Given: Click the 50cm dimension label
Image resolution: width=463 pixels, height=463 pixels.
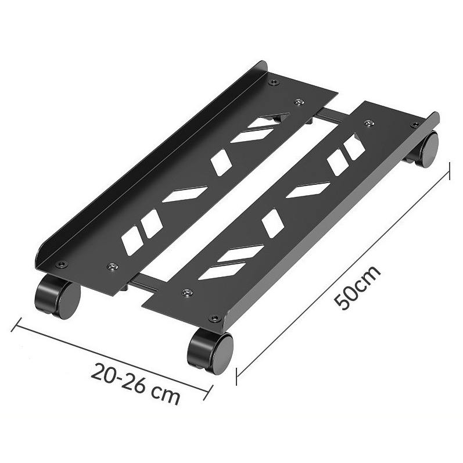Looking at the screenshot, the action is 357,288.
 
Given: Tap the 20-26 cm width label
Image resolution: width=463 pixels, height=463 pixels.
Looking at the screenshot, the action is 135,385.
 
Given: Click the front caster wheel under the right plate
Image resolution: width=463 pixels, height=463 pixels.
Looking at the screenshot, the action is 210,353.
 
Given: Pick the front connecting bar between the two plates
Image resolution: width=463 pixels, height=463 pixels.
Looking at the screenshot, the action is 143,284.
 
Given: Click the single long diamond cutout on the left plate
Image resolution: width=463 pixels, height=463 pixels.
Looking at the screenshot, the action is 185,194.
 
